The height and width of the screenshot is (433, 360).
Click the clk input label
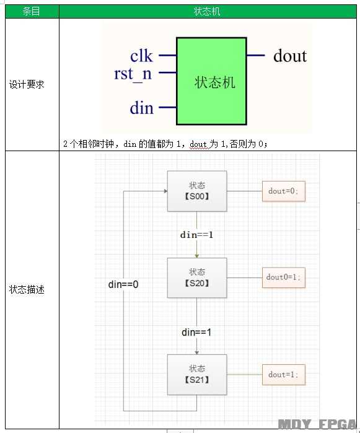(x=141, y=56)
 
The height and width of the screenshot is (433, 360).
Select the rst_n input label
(x=133, y=74)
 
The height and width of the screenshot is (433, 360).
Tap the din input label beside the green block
(x=142, y=108)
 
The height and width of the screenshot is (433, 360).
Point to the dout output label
(x=290, y=56)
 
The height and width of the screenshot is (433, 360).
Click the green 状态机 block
(x=211, y=81)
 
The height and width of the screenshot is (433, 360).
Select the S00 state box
(x=197, y=191)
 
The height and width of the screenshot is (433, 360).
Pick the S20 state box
(x=197, y=278)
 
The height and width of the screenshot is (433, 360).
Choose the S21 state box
(x=197, y=375)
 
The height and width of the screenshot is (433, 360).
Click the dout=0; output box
(x=283, y=191)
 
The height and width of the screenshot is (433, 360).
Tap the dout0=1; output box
(x=283, y=278)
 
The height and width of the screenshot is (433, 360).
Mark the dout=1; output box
(x=283, y=375)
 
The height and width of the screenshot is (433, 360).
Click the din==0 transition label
(x=123, y=284)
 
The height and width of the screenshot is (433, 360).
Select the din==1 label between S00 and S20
(x=196, y=235)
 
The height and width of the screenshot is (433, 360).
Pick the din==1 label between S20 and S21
(x=196, y=332)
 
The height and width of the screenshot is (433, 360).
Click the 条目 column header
(x=31, y=11)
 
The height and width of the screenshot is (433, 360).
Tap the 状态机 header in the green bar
(x=207, y=11)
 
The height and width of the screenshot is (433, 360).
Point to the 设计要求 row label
(x=27, y=84)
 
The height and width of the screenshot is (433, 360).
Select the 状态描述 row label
(x=27, y=290)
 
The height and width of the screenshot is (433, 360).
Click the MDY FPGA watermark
(x=317, y=424)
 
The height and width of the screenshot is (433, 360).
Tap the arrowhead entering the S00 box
(x=166, y=191)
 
